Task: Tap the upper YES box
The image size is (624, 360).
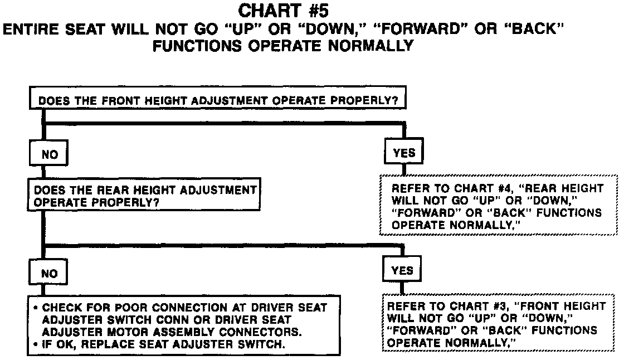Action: click(x=404, y=153)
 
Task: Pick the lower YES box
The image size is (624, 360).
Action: click(x=402, y=271)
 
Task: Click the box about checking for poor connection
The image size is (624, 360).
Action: click(x=184, y=325)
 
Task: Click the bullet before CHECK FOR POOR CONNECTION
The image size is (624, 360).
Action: click(x=36, y=308)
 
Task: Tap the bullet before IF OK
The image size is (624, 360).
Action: click(x=36, y=344)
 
